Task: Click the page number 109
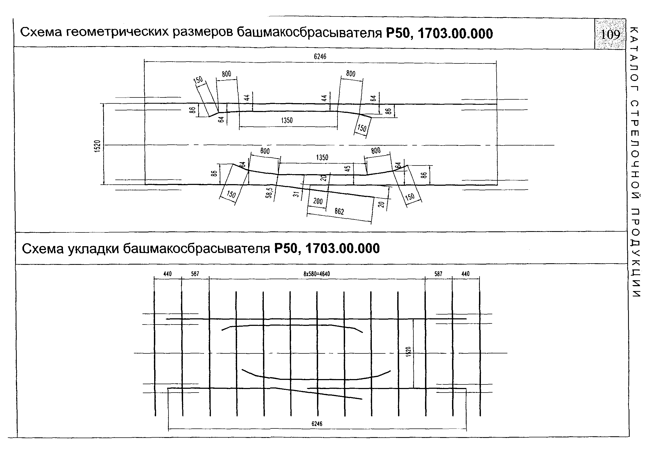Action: [x=610, y=35]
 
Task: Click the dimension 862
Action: [x=339, y=211]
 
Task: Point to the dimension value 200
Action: [x=318, y=201]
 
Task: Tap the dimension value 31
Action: [x=296, y=194]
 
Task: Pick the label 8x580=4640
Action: [x=316, y=274]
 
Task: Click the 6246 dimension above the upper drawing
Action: [x=320, y=56]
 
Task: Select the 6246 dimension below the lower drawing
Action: [x=317, y=424]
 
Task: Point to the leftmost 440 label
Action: [x=167, y=274]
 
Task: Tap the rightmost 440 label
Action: [x=466, y=274]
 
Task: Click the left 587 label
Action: [x=195, y=274]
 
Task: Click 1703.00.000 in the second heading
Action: [x=342, y=249]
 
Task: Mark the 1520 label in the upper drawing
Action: [x=98, y=146]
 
